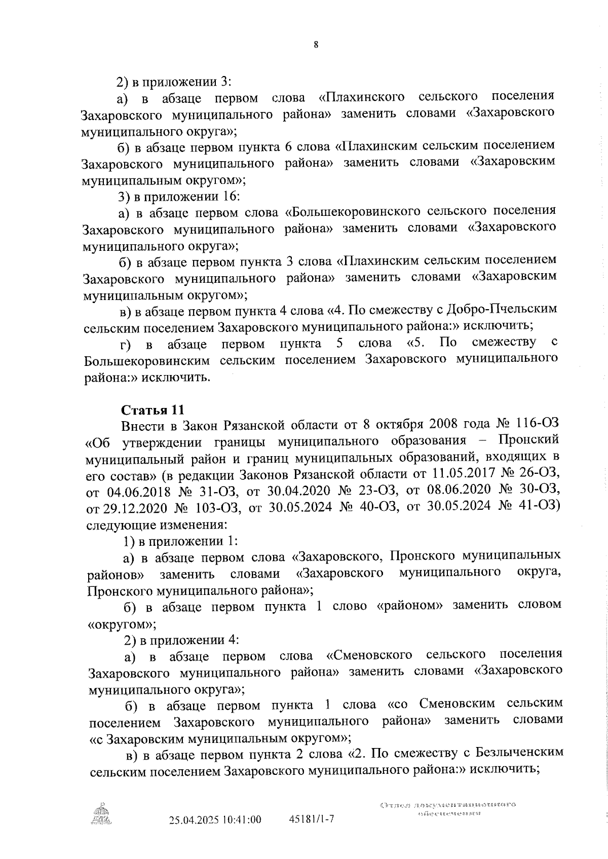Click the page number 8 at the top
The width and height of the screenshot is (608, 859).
[316, 45]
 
